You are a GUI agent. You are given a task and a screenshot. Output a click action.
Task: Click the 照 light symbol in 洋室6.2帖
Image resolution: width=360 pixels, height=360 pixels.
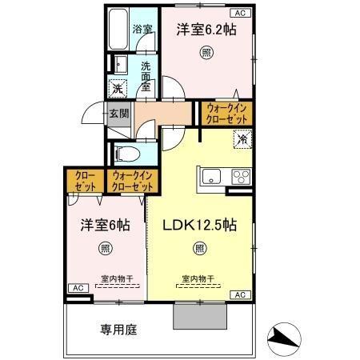point(206,54)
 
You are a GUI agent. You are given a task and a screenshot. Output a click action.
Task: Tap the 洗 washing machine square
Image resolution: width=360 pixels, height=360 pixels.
point(118,88)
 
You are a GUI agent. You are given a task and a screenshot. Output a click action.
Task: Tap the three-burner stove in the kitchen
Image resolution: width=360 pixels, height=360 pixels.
point(239,176)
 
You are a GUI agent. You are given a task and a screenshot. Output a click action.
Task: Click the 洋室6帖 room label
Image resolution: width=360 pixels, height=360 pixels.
point(106,225)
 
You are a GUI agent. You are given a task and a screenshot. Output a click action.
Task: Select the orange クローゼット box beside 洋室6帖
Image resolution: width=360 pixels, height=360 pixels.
point(84,182)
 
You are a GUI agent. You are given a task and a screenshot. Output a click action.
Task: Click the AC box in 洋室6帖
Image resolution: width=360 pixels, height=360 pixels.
point(78,287)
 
